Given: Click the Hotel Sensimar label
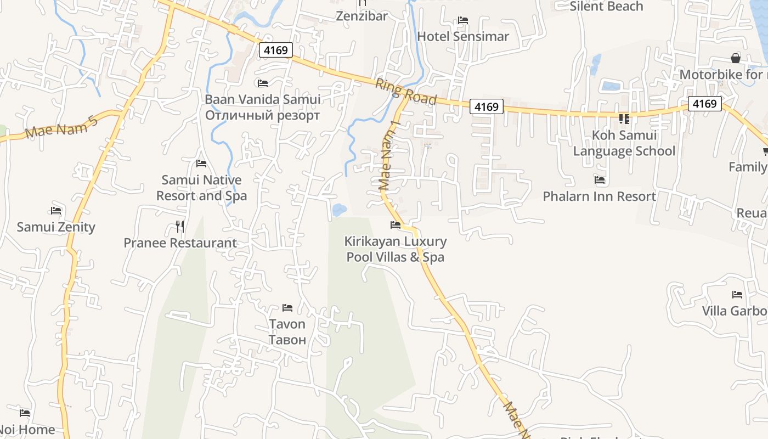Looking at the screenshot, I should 463,36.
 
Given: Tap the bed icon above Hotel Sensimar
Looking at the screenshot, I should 463,20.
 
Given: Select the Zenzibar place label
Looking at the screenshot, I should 362,16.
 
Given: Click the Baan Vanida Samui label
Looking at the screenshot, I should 262,100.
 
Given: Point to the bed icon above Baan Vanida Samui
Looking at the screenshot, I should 263,83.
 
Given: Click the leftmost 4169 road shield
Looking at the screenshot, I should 275,50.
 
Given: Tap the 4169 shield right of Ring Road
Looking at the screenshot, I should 486,106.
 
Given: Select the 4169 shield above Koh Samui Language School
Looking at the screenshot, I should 704,103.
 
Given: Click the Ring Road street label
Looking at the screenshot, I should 406,92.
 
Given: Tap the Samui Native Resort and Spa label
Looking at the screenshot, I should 201,188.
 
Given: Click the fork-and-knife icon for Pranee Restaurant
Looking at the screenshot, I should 179,226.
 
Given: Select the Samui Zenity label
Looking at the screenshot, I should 56,227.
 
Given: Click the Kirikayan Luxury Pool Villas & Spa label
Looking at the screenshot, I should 395,249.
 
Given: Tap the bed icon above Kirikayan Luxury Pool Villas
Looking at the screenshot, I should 395,225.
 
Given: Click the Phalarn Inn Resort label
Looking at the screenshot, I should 599,196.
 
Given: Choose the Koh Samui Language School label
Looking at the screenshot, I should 624,143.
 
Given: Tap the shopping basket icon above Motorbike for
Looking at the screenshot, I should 736,58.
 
